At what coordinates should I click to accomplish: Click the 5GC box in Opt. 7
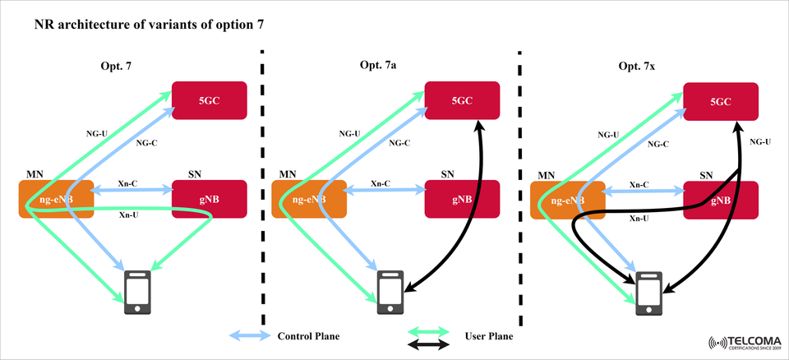[x=209, y=100]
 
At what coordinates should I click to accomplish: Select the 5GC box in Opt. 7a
[x=462, y=100]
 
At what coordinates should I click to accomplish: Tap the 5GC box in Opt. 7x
[x=721, y=100]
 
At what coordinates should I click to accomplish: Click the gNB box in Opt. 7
[x=209, y=200]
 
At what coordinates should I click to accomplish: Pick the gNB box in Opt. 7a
[x=462, y=200]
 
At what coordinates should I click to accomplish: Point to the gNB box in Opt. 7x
[x=721, y=200]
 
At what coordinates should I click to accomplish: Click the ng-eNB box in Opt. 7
[x=56, y=200]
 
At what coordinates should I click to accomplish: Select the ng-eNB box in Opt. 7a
[x=309, y=200]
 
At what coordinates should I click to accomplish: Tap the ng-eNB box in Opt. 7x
[x=568, y=200]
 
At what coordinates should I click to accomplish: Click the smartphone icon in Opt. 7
[x=136, y=292]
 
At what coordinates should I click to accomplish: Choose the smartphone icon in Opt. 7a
[x=390, y=292]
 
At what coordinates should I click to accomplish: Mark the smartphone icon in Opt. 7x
[x=649, y=292]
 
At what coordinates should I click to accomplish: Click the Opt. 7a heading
[x=379, y=65]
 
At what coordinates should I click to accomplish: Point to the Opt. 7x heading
[x=637, y=65]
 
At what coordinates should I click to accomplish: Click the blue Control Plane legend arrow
[x=248, y=336]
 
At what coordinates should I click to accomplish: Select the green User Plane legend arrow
[x=429, y=330]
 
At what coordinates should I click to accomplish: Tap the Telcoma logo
[x=744, y=343]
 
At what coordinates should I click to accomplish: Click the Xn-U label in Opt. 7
[x=128, y=215]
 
